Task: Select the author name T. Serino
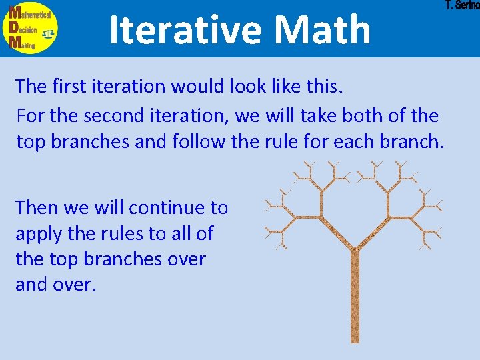462,6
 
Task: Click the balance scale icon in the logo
48,33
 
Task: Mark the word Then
37,208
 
